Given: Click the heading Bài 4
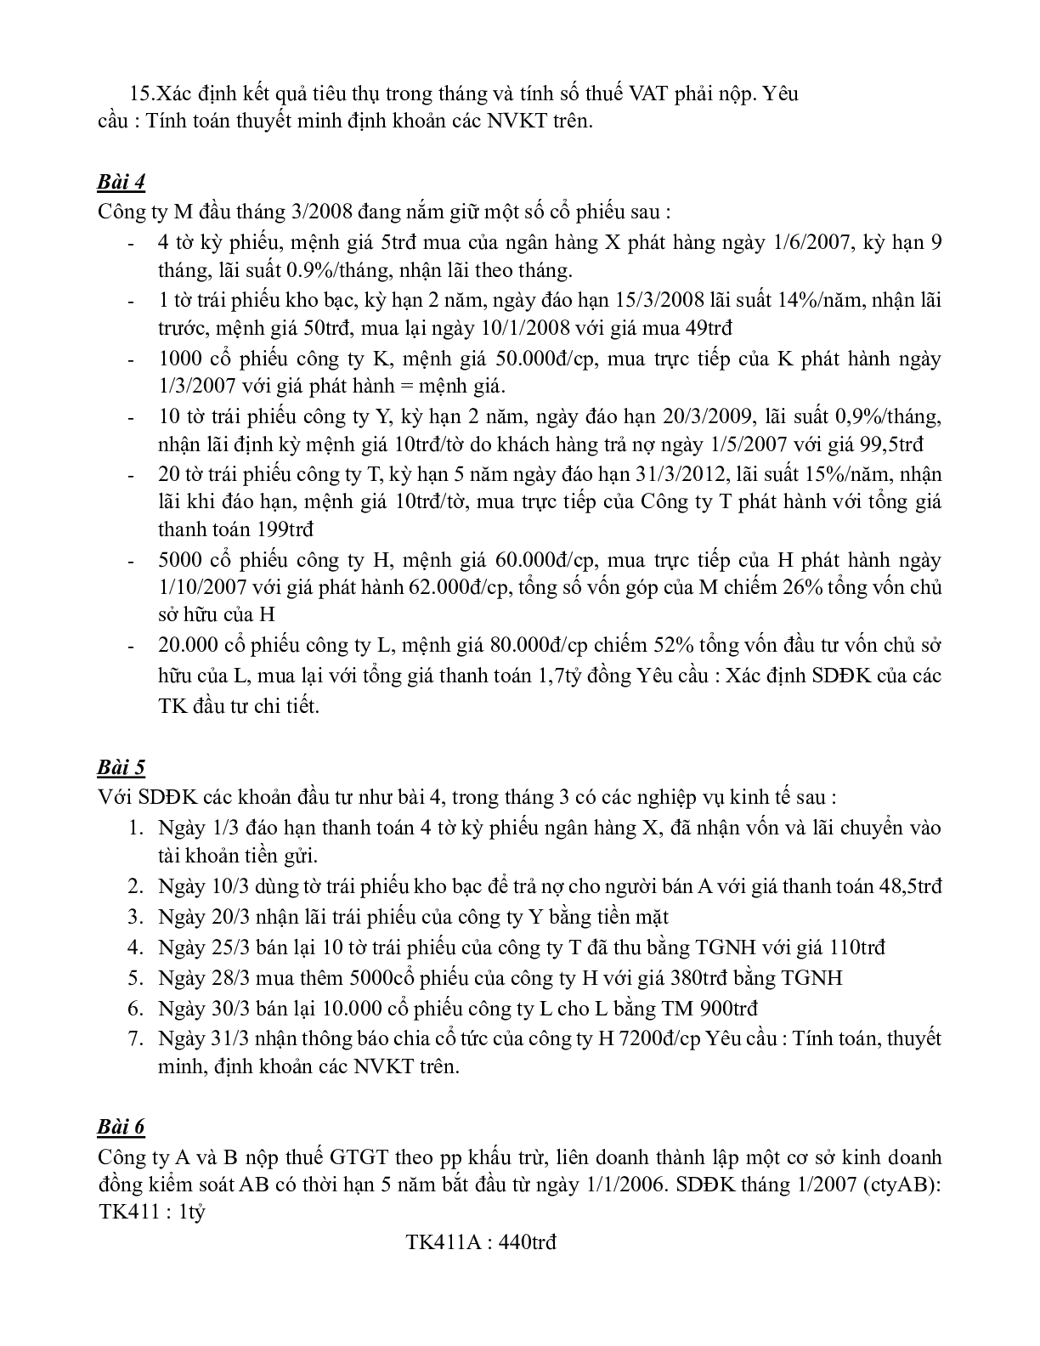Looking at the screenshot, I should coord(122,182).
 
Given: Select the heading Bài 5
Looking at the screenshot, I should coord(122,767).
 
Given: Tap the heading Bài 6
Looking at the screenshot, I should coord(122,1127).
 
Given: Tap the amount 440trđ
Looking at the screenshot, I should coord(528,1242).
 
